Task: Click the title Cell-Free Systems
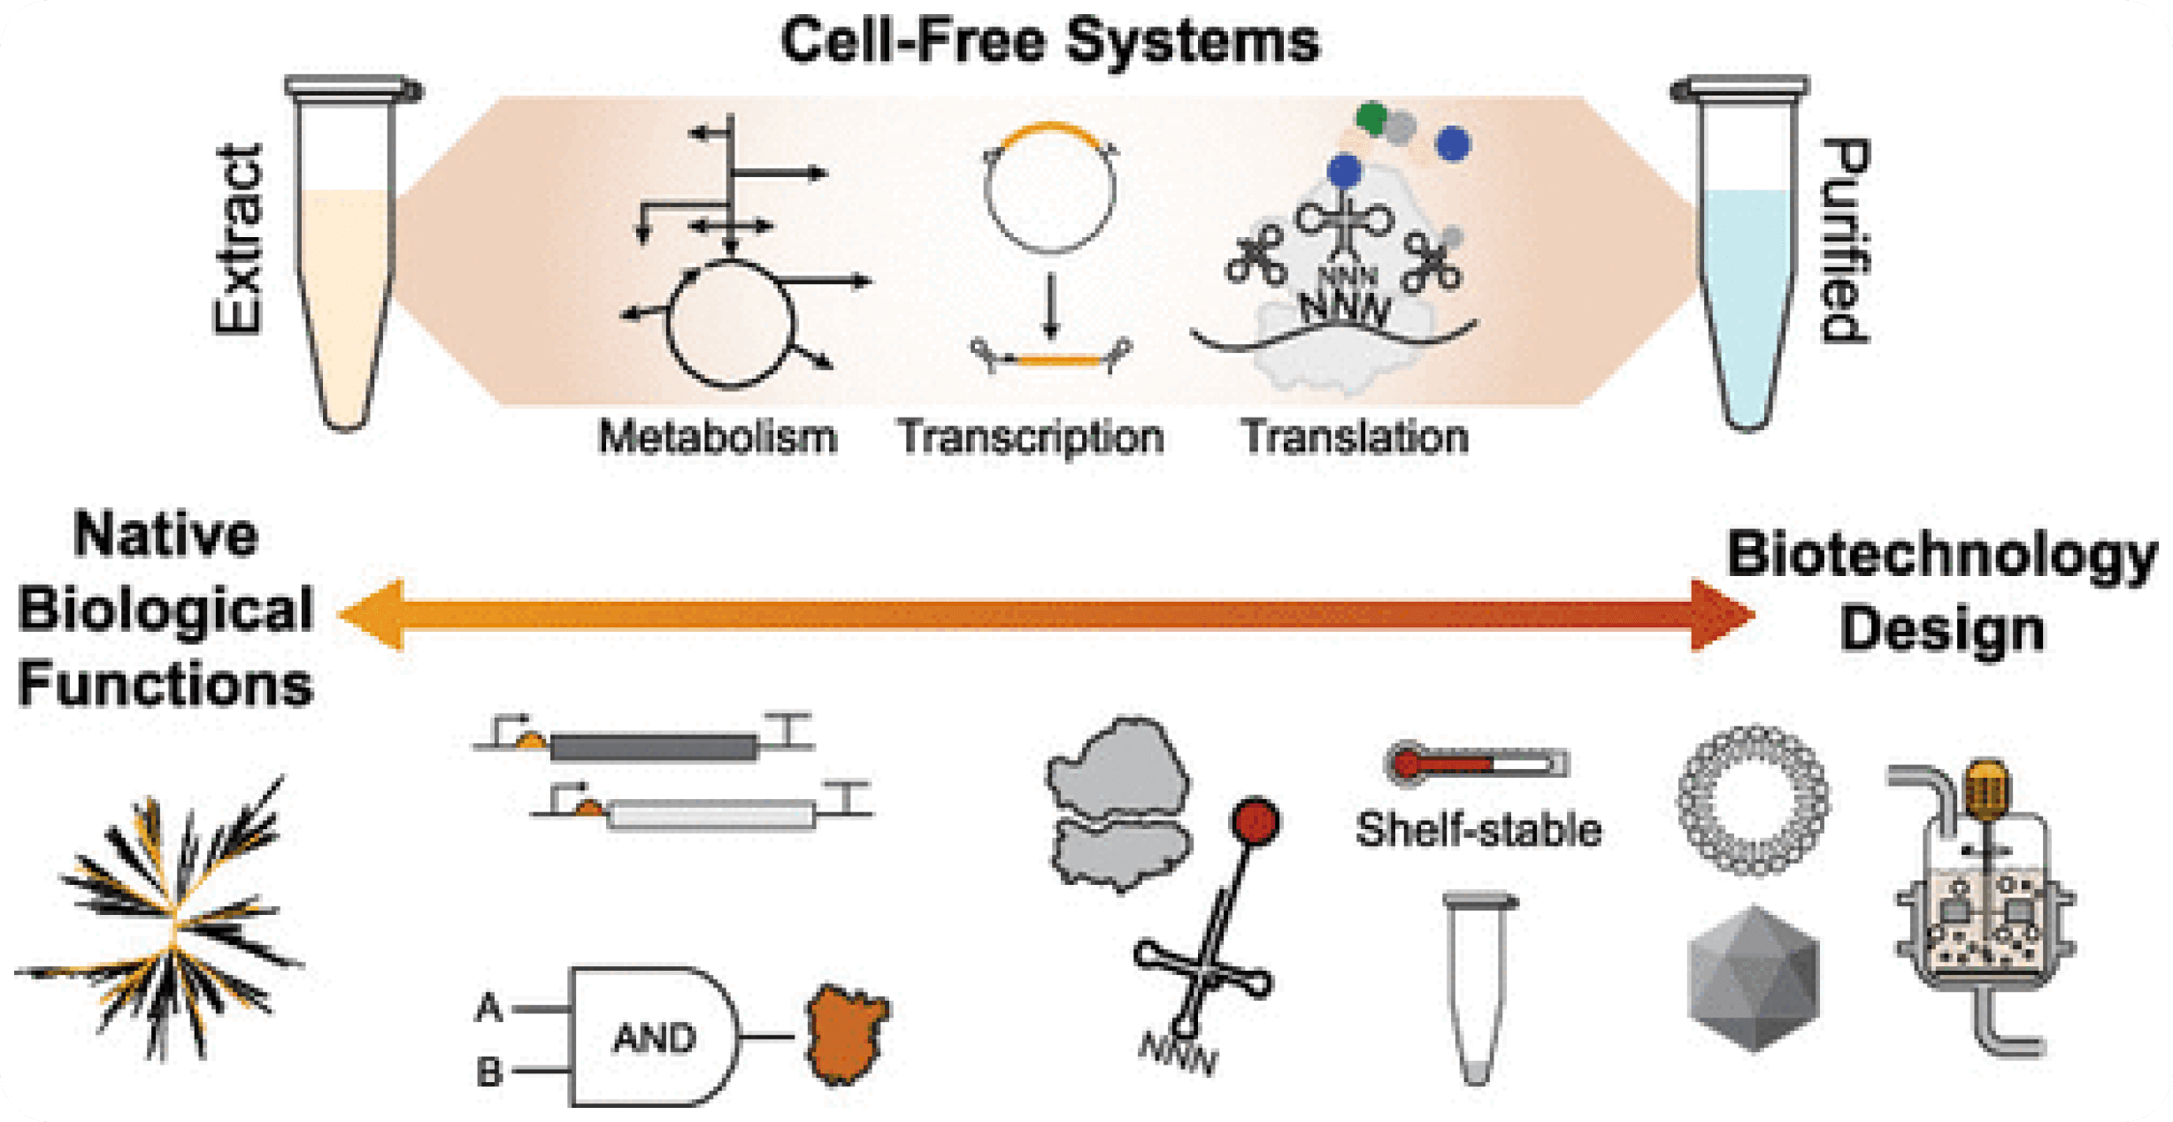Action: [1050, 42]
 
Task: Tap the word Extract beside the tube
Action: [239, 239]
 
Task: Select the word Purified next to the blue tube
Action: [1845, 241]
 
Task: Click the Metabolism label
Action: [718, 437]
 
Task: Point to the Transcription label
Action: [1031, 437]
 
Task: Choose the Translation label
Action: [1355, 437]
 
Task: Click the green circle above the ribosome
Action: [1371, 117]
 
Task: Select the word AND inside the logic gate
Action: [655, 1037]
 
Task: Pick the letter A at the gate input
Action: [489, 1008]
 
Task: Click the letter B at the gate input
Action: [489, 1072]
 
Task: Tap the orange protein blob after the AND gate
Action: [847, 1035]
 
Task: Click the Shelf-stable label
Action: [1478, 830]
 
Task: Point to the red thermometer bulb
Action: [1406, 763]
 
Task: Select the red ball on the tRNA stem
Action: [1255, 820]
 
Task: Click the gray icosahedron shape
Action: [1753, 978]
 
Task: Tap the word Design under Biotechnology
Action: [1942, 630]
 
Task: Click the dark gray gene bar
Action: [653, 748]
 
